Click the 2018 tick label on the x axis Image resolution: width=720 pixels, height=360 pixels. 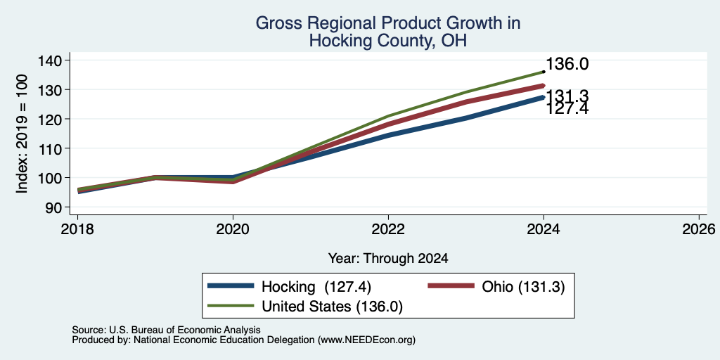pyautogui.click(x=77, y=229)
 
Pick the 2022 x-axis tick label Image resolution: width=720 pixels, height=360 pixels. pyautogui.click(x=388, y=229)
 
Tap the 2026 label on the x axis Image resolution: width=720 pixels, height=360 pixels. pyautogui.click(x=700, y=229)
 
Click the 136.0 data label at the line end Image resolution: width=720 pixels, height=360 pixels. pyautogui.click(x=567, y=64)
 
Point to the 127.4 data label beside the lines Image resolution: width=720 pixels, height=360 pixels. pyautogui.click(x=567, y=109)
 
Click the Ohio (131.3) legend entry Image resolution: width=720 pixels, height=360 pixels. pyautogui.click(x=523, y=287)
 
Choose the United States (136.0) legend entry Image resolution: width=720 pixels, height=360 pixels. pyautogui.click(x=332, y=307)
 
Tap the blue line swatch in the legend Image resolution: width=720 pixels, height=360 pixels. pyautogui.click(x=231, y=286)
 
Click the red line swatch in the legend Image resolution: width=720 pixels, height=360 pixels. pyautogui.click(x=451, y=286)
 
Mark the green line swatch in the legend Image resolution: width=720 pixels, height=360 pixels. pyautogui.click(x=231, y=306)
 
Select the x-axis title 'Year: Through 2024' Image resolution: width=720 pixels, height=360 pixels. pyautogui.click(x=388, y=259)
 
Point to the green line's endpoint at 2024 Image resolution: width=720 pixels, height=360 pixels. pyautogui.click(x=544, y=72)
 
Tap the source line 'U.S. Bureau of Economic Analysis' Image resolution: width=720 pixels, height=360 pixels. pyautogui.click(x=185, y=330)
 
